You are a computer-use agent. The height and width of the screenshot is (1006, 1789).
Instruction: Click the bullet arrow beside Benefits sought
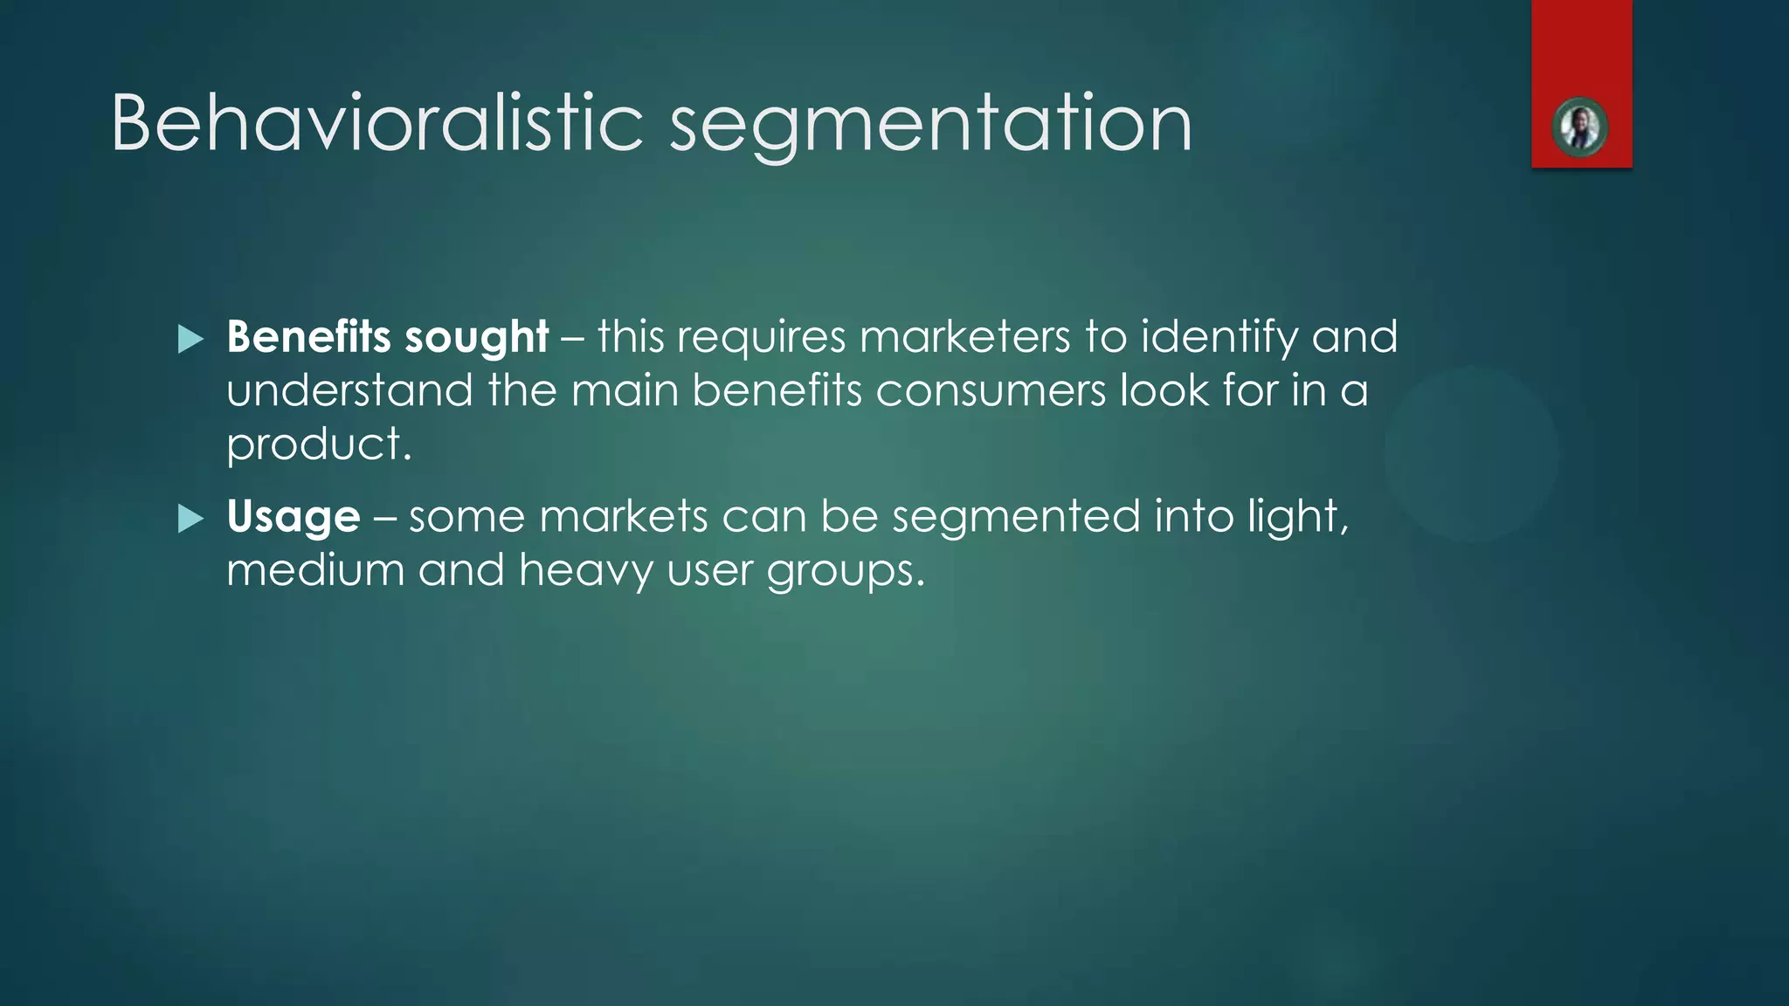click(x=190, y=339)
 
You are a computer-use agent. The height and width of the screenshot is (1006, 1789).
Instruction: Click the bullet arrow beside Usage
click(x=190, y=519)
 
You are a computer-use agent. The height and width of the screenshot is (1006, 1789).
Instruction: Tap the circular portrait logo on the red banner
click(x=1580, y=128)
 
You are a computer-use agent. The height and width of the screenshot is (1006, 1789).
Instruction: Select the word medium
click(x=315, y=570)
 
